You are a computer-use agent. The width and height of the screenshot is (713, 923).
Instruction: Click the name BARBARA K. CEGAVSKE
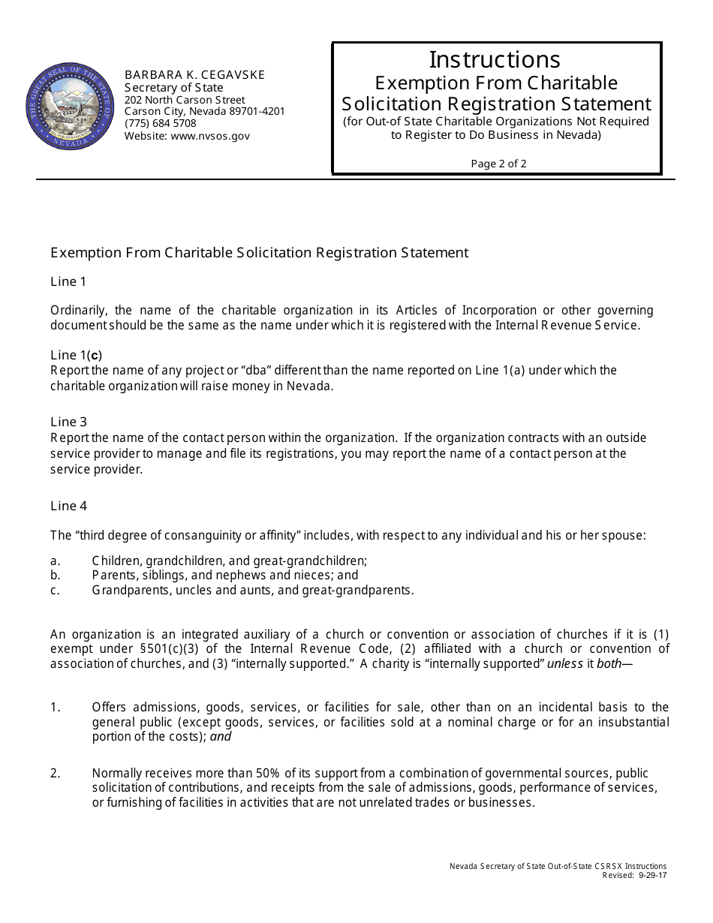pos(194,75)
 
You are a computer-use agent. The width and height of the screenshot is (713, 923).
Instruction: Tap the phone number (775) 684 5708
pos(160,123)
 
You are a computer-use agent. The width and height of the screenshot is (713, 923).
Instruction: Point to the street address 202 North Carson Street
pos(185,100)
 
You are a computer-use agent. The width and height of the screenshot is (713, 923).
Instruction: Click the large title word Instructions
pos(495,59)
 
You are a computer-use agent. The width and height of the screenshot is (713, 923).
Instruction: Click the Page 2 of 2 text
pos(498,164)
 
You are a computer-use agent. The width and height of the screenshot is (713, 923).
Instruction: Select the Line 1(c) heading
pos(76,355)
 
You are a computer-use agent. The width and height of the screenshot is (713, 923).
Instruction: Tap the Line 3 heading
pos(68,422)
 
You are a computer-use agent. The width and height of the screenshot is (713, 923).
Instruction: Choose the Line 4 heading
pos(68,506)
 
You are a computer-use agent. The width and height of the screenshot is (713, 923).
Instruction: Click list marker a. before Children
pos(55,561)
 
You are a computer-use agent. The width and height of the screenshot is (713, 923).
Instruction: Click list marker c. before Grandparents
pos(55,590)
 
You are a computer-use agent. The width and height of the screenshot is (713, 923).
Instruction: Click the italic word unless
pos(564,663)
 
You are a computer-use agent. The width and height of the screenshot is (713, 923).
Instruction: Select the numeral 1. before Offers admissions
pos(55,707)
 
